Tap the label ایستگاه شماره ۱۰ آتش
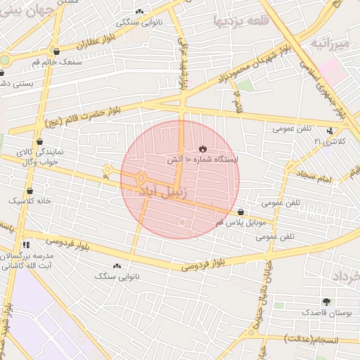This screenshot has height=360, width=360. point(202,160)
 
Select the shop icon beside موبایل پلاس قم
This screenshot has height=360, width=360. point(241,212)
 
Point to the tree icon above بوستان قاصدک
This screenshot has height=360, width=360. point(326,302)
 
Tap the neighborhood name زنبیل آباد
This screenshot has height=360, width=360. point(165,191)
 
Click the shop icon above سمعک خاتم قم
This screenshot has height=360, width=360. point(56,51)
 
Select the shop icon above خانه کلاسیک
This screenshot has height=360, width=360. point(30,191)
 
